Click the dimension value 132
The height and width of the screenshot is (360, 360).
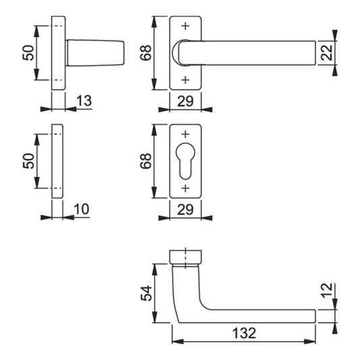coord(244,333)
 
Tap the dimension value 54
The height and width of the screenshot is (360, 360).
coord(147,293)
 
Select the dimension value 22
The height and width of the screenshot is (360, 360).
coord(326,53)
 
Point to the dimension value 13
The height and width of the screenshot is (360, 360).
coord(84,101)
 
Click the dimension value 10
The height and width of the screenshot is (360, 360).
coord(82,209)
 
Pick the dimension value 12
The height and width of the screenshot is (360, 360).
coord(326,290)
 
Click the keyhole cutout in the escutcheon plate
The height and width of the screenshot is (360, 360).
coord(185,161)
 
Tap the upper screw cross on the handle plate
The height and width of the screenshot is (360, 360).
coord(185,26)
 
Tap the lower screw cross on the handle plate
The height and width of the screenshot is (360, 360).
coord(185,80)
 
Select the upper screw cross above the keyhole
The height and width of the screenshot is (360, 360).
coord(185,134)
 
